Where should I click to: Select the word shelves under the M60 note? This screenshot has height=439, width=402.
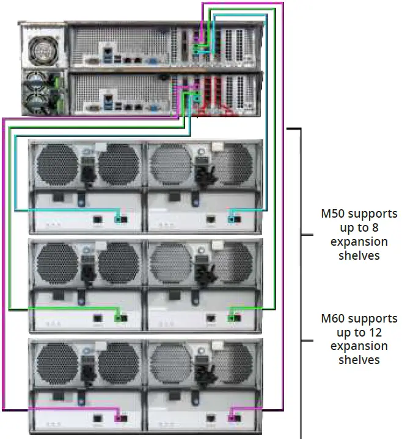tap(359, 360)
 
